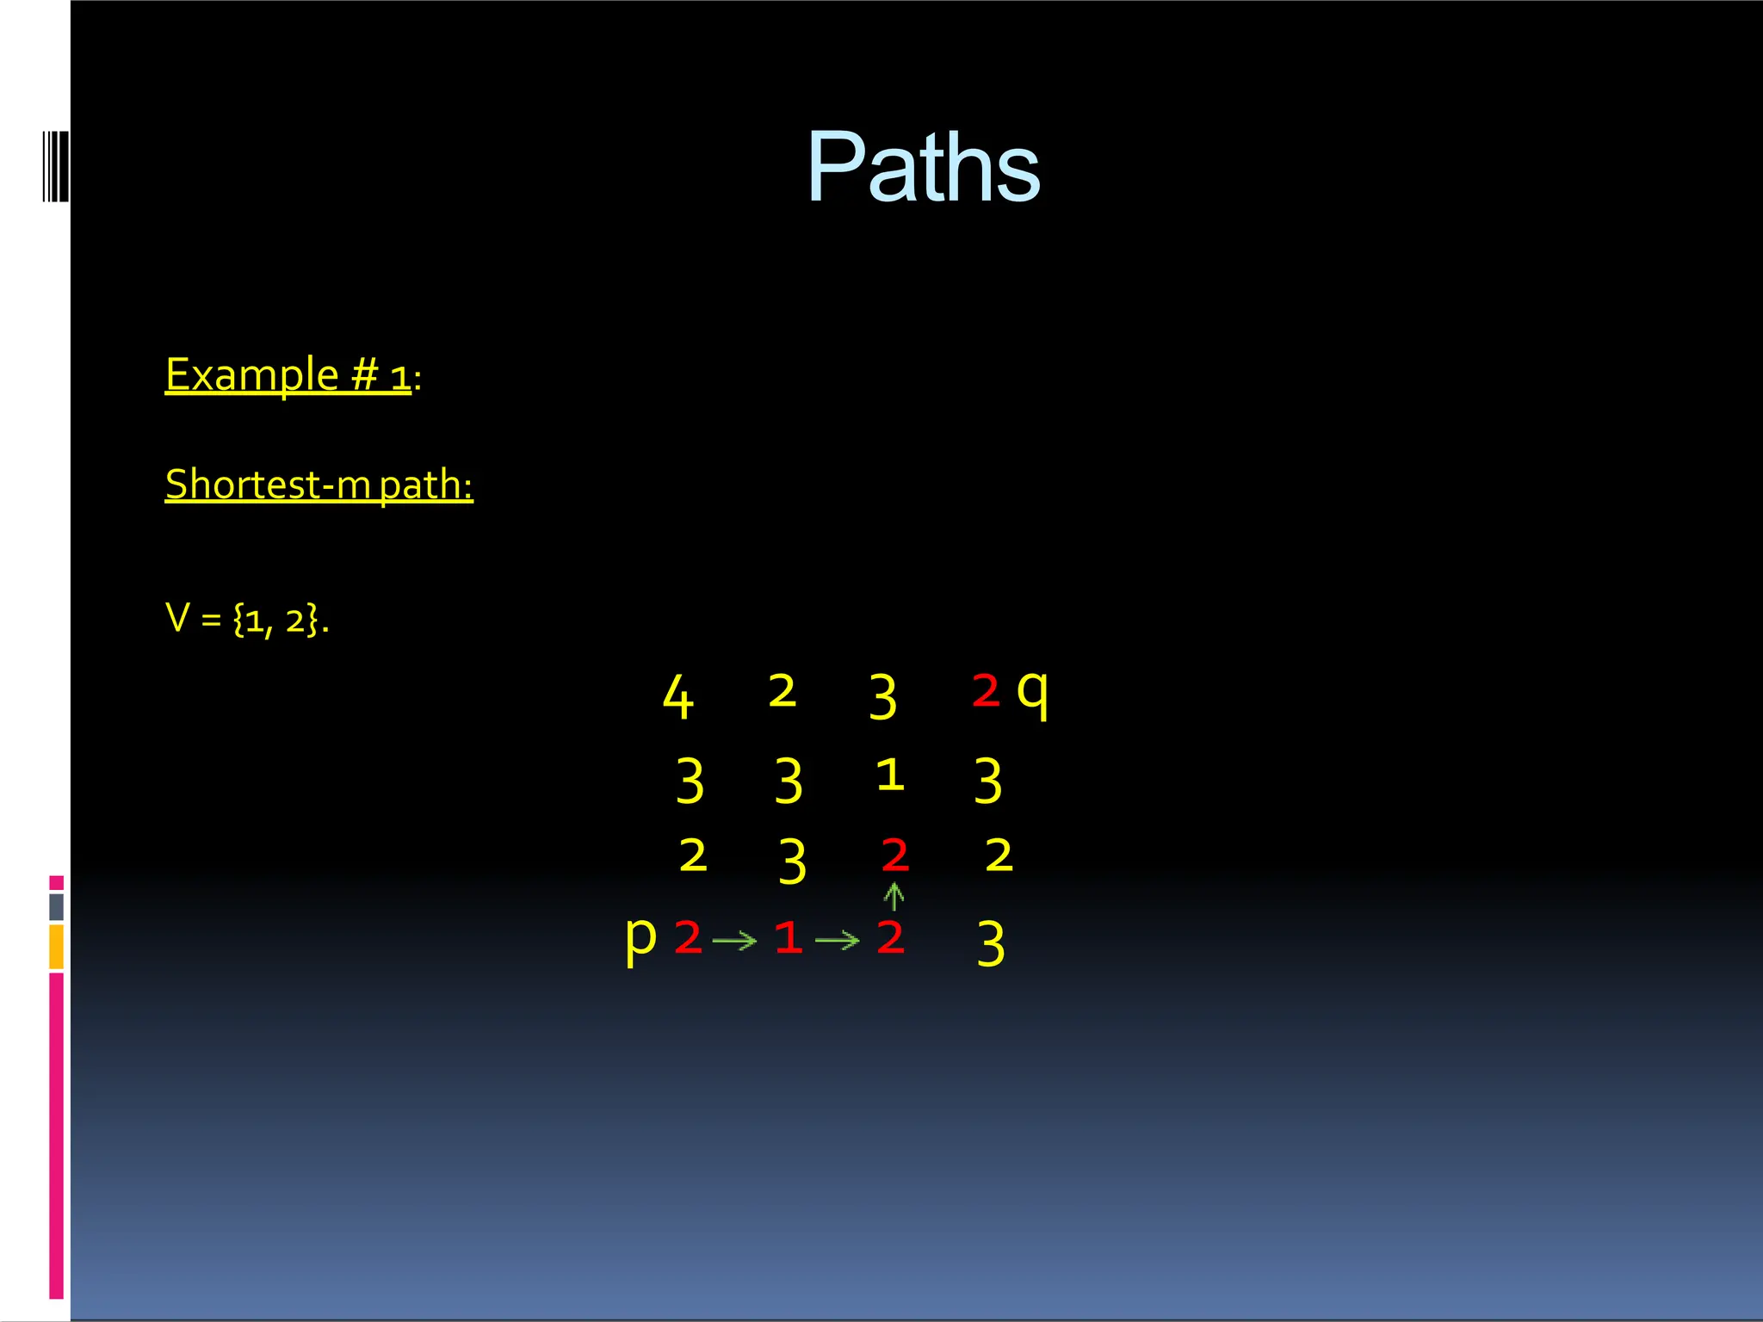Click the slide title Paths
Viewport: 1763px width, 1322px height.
coord(923,167)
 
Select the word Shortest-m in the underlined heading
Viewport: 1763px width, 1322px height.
coord(268,485)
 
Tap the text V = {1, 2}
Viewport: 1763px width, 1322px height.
coord(247,619)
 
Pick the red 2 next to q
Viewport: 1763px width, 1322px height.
coord(986,690)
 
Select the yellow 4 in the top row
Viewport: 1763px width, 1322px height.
coord(677,696)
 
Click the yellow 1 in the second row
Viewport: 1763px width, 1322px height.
coord(890,775)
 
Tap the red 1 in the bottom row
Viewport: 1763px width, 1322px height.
coord(788,937)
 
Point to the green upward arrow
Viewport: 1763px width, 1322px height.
coord(894,897)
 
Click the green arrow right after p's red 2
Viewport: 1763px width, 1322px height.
coord(734,941)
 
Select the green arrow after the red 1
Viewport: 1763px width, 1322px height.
coord(837,941)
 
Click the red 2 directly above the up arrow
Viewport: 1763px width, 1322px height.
coord(895,855)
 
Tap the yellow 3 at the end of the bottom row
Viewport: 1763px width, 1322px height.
coord(991,943)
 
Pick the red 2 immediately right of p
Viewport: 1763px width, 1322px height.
coord(688,936)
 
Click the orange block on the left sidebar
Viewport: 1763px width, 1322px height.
coord(56,947)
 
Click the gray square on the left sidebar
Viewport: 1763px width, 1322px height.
coord(56,906)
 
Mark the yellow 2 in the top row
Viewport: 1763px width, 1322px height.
coord(782,691)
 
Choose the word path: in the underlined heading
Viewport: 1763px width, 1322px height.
coord(426,485)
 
